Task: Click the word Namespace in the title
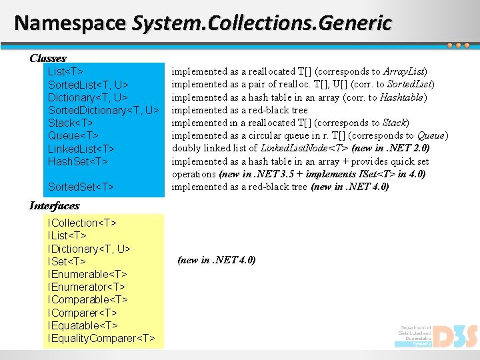pos(69,23)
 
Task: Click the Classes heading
pos(47,58)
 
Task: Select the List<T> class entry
pos(65,71)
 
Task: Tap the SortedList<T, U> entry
pos(88,85)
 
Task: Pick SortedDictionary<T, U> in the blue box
pos(103,110)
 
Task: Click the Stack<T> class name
pos(71,123)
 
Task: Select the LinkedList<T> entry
pos(81,149)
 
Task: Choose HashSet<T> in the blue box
pos(77,161)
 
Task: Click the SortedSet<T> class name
pos(81,187)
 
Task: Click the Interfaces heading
pos(54,205)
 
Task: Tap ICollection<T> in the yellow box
pos(82,223)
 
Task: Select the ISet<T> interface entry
pos(67,261)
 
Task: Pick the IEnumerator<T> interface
pos(87,287)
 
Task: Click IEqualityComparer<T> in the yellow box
pos(101,339)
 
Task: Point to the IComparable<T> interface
pos(87,300)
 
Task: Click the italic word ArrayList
pos(406,71)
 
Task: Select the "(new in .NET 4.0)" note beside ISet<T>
pos(217,261)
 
